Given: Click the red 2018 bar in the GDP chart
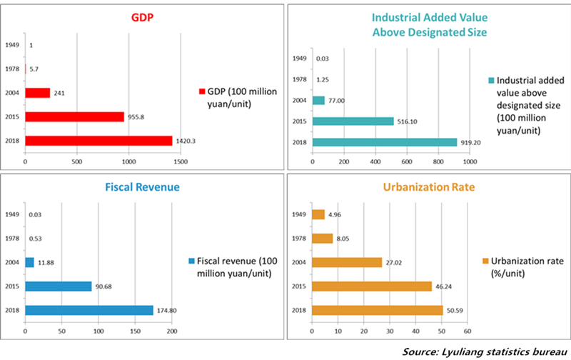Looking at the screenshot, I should click(x=98, y=141).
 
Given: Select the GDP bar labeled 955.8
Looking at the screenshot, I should click(x=74, y=116).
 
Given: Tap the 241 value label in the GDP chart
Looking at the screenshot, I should click(x=59, y=92).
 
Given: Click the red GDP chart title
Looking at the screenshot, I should click(x=142, y=16).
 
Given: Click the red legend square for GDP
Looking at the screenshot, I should click(x=202, y=91).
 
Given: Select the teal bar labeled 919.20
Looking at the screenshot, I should click(x=385, y=142).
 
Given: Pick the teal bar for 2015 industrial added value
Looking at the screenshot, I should click(x=353, y=121).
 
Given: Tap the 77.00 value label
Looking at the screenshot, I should click(x=337, y=101).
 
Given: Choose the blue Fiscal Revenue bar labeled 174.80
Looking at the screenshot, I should click(x=89, y=310).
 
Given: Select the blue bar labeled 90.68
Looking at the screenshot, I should click(x=59, y=286).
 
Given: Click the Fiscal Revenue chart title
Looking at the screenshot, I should click(x=142, y=186).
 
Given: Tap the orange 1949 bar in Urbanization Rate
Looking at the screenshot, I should click(x=318, y=214).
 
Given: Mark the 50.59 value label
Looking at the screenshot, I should click(x=455, y=310).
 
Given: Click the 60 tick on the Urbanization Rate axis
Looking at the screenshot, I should click(x=468, y=331).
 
